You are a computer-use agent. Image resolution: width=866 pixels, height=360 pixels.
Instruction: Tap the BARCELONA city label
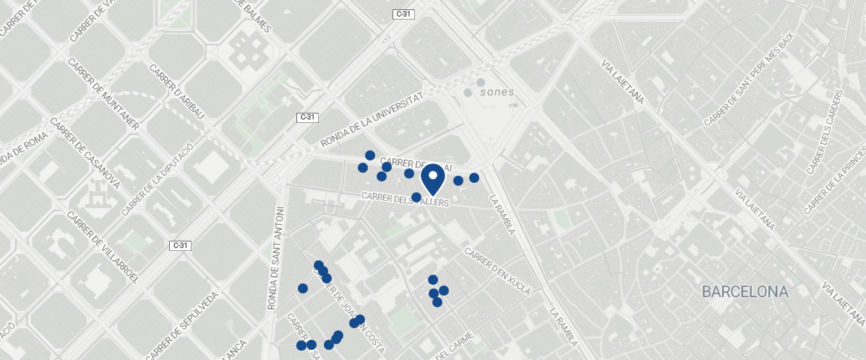(x=745, y=293)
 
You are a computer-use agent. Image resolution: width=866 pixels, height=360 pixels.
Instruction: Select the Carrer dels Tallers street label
(x=405, y=200)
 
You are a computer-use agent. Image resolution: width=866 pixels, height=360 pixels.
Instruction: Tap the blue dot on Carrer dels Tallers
(x=416, y=197)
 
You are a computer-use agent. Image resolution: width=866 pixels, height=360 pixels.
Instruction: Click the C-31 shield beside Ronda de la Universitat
(x=307, y=117)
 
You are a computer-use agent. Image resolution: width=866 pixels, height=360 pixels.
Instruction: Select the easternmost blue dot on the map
(x=474, y=178)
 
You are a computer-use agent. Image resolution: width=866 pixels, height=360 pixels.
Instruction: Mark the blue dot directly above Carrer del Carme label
(x=437, y=302)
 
